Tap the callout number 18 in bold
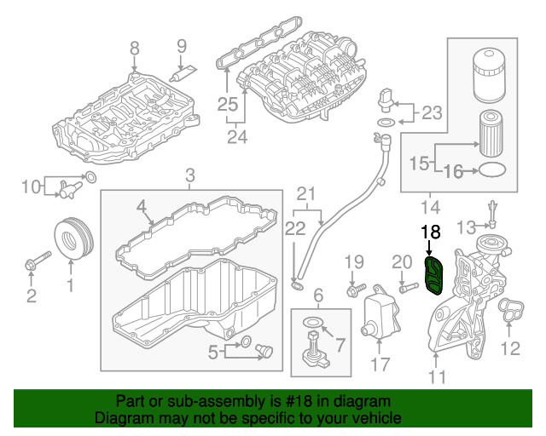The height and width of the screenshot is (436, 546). tap(431, 231)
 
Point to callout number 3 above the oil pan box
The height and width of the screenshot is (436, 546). tap(190, 175)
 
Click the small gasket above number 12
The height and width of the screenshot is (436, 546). tap(509, 313)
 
